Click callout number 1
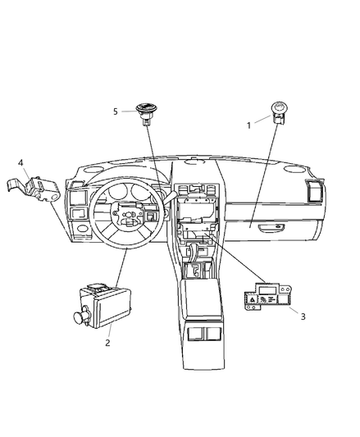click(248, 125)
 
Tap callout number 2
click(107, 343)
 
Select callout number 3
click(303, 316)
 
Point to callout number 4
click(21, 163)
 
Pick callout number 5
click(116, 112)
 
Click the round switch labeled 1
click(279, 112)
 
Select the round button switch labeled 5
click(146, 114)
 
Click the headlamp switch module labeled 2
click(102, 306)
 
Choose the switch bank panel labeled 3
click(267, 297)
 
